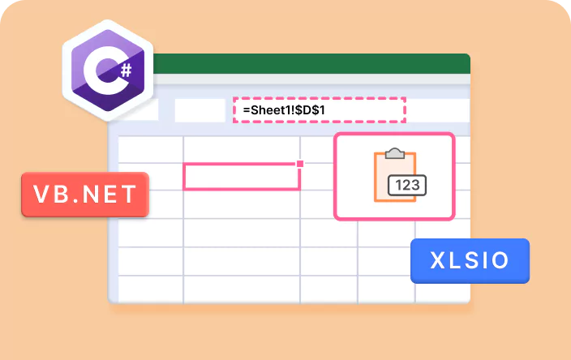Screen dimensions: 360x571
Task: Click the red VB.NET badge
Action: click(x=85, y=195)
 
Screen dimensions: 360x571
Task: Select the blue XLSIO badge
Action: click(x=470, y=260)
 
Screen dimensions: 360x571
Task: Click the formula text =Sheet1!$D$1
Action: click(x=288, y=109)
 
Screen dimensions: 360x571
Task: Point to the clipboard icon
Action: click(x=395, y=176)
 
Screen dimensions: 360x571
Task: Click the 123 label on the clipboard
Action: click(x=408, y=186)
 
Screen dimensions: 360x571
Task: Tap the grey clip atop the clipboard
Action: click(x=395, y=153)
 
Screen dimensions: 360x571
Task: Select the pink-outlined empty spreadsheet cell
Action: click(x=241, y=176)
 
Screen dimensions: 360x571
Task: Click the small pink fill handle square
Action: click(x=300, y=164)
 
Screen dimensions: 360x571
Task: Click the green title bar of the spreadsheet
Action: click(x=308, y=63)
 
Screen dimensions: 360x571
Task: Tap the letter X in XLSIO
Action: click(x=438, y=260)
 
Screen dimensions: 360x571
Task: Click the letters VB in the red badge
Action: click(x=51, y=195)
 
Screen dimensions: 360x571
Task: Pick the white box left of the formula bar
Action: click(x=200, y=110)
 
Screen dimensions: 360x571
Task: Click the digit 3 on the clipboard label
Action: click(x=416, y=186)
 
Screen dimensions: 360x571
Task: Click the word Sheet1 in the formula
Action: click(x=268, y=109)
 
